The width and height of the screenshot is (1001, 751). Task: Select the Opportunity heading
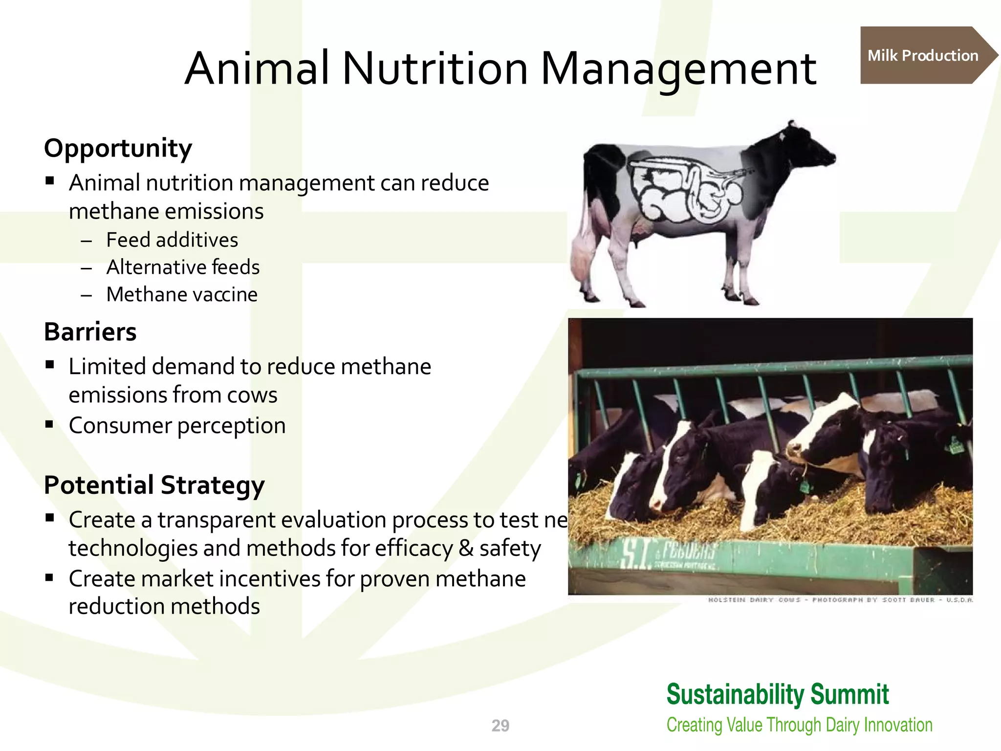click(x=118, y=148)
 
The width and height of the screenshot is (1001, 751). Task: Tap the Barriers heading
click(x=90, y=331)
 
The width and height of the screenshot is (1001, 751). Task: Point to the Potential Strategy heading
click(x=154, y=485)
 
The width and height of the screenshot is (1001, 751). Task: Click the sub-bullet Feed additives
click(x=172, y=240)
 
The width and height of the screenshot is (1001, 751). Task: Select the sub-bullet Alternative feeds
click(x=183, y=267)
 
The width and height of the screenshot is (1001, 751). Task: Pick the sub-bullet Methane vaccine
click(x=182, y=295)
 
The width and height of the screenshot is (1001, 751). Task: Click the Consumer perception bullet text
click(x=177, y=425)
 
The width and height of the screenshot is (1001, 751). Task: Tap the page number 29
click(x=500, y=726)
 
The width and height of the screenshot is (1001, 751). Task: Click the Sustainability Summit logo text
click(x=777, y=694)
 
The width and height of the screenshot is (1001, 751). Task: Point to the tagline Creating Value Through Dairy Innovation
click(x=799, y=725)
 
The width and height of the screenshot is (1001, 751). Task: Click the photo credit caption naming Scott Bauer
click(x=841, y=600)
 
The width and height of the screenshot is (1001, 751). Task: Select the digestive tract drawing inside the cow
click(x=684, y=188)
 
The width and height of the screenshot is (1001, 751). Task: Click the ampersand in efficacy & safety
click(x=466, y=548)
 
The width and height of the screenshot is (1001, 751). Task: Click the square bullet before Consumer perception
click(x=49, y=424)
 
